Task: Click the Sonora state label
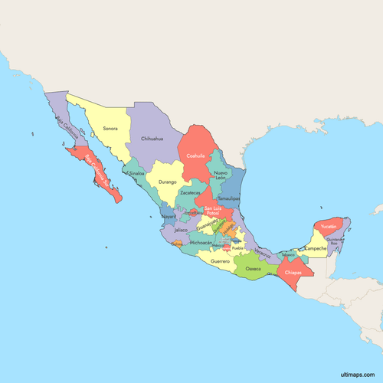click(110, 129)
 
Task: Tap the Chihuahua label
click(152, 139)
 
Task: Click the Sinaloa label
click(137, 173)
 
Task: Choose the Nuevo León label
click(221, 175)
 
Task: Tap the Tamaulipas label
click(229, 198)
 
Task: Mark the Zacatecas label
click(189, 192)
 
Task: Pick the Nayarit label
click(169, 217)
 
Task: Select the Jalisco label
click(181, 229)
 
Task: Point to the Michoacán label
click(201, 242)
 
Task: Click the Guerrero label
click(220, 261)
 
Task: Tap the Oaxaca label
click(253, 269)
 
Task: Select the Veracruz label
click(262, 251)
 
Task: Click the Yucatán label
click(329, 227)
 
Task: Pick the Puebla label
click(237, 248)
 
